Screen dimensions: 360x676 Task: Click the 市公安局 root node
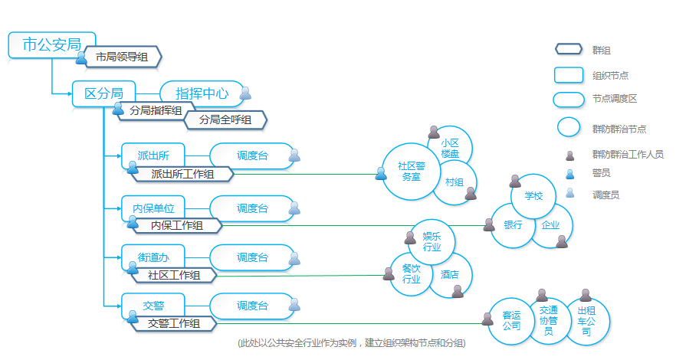pyautogui.click(x=51, y=44)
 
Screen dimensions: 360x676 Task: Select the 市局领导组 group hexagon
pyautogui.click(x=122, y=57)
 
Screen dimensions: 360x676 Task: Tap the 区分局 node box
pyautogui.click(x=103, y=93)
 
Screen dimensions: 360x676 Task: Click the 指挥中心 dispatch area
pyautogui.click(x=202, y=93)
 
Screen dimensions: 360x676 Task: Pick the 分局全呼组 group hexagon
pyautogui.click(x=225, y=119)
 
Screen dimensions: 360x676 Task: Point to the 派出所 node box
pyautogui.click(x=153, y=155)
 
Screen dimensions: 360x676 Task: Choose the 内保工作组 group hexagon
pyautogui.click(x=176, y=225)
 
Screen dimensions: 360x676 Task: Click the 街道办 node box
pyautogui.click(x=153, y=257)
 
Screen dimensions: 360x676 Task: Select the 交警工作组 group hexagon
pyautogui.click(x=175, y=324)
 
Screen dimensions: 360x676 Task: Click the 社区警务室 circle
pyautogui.click(x=411, y=171)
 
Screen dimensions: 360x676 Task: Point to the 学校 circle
pyautogui.click(x=533, y=196)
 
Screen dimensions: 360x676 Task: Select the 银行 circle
pyautogui.click(x=513, y=225)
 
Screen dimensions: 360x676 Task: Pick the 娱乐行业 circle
pyautogui.click(x=432, y=241)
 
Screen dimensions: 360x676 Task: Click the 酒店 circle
pyautogui.click(x=450, y=274)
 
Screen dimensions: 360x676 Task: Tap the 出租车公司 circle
pyautogui.click(x=586, y=321)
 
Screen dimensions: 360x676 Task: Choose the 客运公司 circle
pyautogui.click(x=511, y=320)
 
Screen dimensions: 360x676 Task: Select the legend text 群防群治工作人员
pyautogui.click(x=628, y=154)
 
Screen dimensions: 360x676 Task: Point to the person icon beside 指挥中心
pyautogui.click(x=245, y=93)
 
